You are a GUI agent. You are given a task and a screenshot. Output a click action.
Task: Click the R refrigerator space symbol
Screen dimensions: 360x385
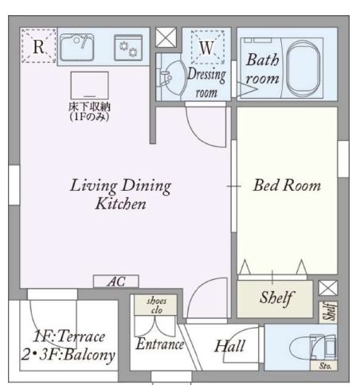click(39, 46)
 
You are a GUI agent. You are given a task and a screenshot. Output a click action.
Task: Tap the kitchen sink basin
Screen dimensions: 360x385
click(77, 48)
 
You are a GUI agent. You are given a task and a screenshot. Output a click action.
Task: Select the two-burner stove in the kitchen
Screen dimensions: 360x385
click(128, 48)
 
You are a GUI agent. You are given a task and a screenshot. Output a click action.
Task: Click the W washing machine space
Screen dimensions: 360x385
click(207, 47)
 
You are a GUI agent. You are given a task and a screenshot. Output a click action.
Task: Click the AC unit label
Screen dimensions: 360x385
click(116, 282)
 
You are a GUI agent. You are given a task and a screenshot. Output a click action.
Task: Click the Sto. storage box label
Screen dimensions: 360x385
click(324, 366)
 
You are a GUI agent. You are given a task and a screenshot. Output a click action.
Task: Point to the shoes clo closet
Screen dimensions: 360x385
click(156, 305)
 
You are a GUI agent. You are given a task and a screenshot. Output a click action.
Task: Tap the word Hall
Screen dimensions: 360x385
click(229, 346)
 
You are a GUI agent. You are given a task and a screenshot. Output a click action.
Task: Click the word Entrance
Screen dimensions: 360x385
click(160, 344)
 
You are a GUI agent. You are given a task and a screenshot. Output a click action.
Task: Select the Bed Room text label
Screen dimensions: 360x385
click(287, 185)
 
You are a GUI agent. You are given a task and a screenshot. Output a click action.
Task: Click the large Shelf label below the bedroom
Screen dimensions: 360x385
click(276, 298)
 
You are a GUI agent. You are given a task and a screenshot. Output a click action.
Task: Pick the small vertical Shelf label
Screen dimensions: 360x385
click(329, 312)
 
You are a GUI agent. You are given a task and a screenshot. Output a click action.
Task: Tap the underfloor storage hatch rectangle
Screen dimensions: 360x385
click(90, 85)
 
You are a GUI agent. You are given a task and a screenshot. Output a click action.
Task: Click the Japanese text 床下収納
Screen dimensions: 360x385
click(89, 107)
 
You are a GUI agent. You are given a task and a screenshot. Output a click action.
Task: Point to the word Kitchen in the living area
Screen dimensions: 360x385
click(121, 204)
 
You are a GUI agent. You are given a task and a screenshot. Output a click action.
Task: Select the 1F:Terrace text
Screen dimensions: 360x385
click(69, 336)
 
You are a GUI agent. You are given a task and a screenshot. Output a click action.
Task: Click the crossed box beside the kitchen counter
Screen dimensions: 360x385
click(166, 37)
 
